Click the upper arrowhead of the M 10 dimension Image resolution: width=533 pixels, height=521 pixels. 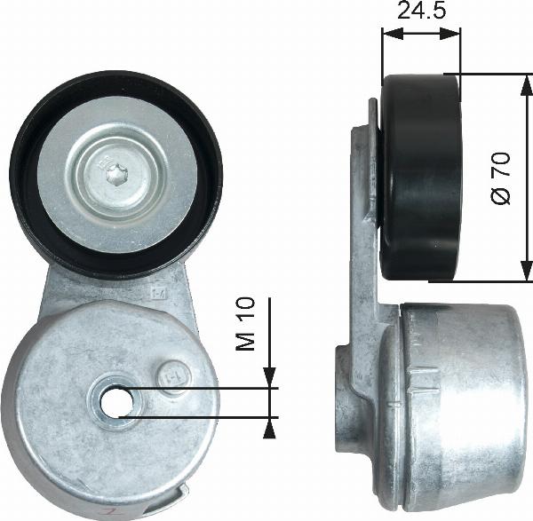coord(269,380)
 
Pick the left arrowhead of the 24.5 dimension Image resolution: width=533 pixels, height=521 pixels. coord(389,35)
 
